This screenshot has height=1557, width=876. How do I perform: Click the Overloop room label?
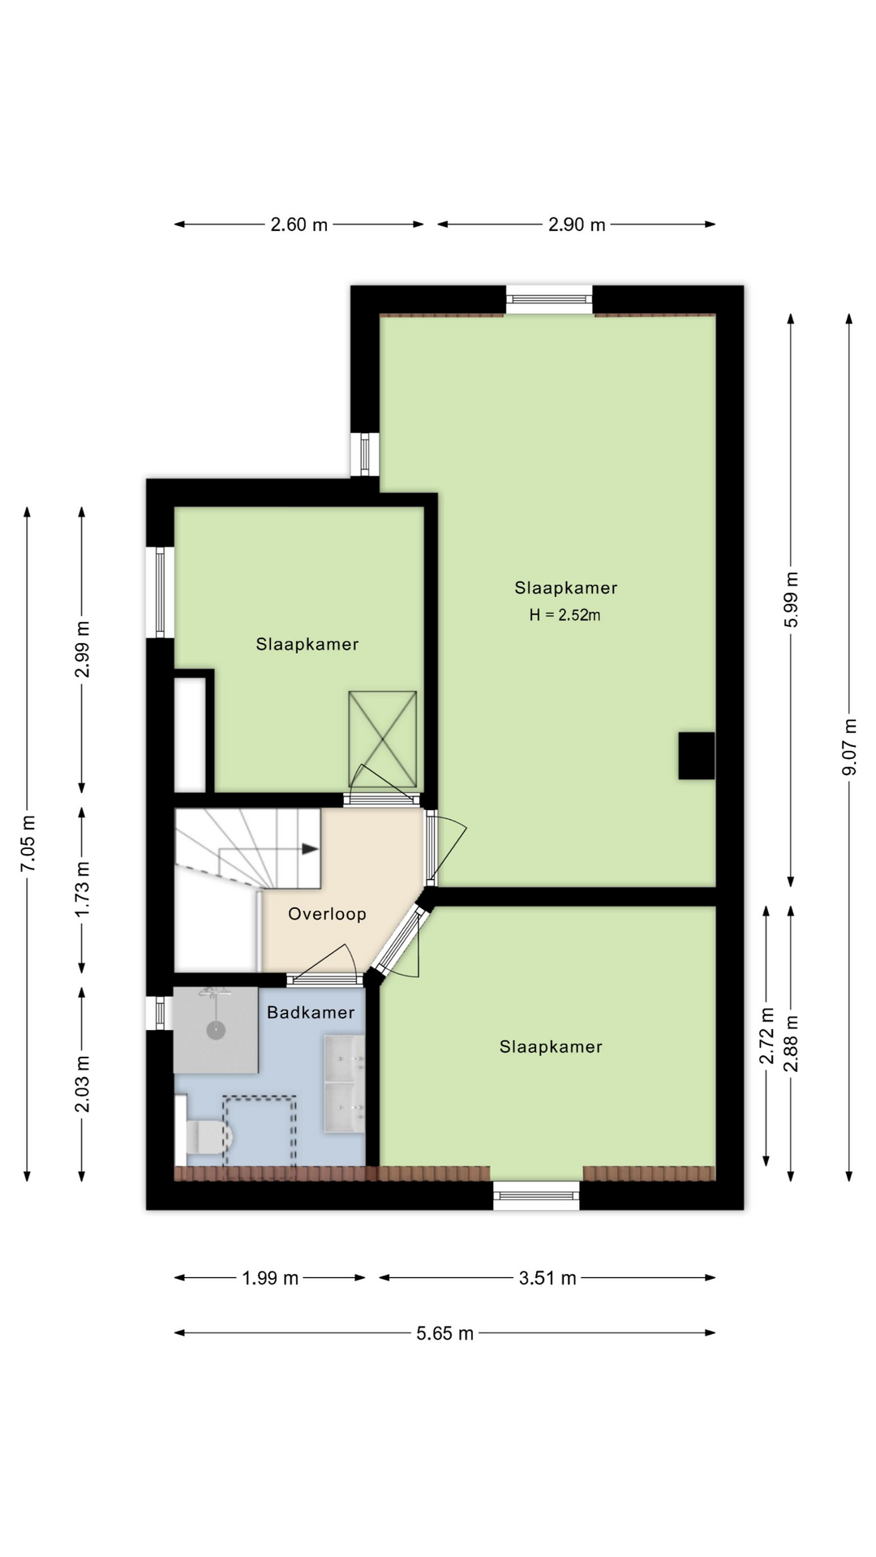327,914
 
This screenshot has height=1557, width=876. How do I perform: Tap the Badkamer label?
311,1012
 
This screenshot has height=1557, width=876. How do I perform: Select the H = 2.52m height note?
565,615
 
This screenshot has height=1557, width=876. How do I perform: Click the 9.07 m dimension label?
849,747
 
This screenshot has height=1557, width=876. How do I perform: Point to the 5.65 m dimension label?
444,1333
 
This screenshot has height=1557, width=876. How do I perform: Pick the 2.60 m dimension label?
299,225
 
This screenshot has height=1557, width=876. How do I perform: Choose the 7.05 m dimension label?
28,843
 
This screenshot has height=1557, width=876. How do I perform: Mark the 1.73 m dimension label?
82,890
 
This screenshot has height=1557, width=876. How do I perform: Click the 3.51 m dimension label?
547,1278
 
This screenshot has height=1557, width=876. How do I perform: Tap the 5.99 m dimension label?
792,599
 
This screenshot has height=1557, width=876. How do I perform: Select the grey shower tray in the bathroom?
216,1030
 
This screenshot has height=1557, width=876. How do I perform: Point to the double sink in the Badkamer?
345,1083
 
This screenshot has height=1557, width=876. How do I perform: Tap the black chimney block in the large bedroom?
697,756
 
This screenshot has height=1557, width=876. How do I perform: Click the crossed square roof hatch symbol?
382,740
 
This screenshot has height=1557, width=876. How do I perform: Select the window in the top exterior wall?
550,299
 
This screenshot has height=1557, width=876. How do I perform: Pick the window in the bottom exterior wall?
536,1196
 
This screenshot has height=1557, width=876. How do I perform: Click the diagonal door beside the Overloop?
400,940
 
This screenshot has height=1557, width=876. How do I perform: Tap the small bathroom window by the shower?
160,1012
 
